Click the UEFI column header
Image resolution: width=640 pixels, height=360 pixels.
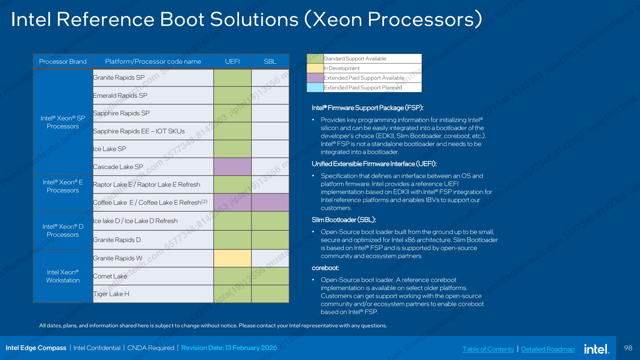tap(232, 62)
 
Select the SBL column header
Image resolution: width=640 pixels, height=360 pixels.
tap(270, 62)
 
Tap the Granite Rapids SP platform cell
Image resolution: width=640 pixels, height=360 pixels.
tap(153, 78)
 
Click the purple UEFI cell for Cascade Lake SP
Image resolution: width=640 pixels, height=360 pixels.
tap(232, 167)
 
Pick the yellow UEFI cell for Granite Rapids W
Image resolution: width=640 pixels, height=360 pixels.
tap(232, 258)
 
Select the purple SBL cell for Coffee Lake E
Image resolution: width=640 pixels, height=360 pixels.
tap(270, 202)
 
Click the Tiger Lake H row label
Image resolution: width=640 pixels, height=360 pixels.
tap(111, 294)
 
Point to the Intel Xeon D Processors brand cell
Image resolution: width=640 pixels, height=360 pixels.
tap(63, 230)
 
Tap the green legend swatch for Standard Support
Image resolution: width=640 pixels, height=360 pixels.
tap(315, 59)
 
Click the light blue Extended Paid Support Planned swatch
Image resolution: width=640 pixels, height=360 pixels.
tap(315, 87)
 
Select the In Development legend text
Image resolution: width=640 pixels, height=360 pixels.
tap(342, 68)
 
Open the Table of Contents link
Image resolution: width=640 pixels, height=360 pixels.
tap(488, 349)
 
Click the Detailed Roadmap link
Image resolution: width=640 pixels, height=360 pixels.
tap(548, 349)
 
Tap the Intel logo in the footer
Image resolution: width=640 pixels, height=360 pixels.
tap(597, 349)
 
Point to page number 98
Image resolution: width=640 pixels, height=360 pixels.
tap(628, 348)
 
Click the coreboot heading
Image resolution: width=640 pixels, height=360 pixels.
tap(325, 268)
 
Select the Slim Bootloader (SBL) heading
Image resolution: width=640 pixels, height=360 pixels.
tap(344, 220)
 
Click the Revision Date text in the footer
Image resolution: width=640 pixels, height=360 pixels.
tap(229, 348)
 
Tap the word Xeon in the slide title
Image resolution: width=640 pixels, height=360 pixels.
tap(337, 19)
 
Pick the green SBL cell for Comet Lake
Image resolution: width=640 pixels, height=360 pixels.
tap(270, 276)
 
